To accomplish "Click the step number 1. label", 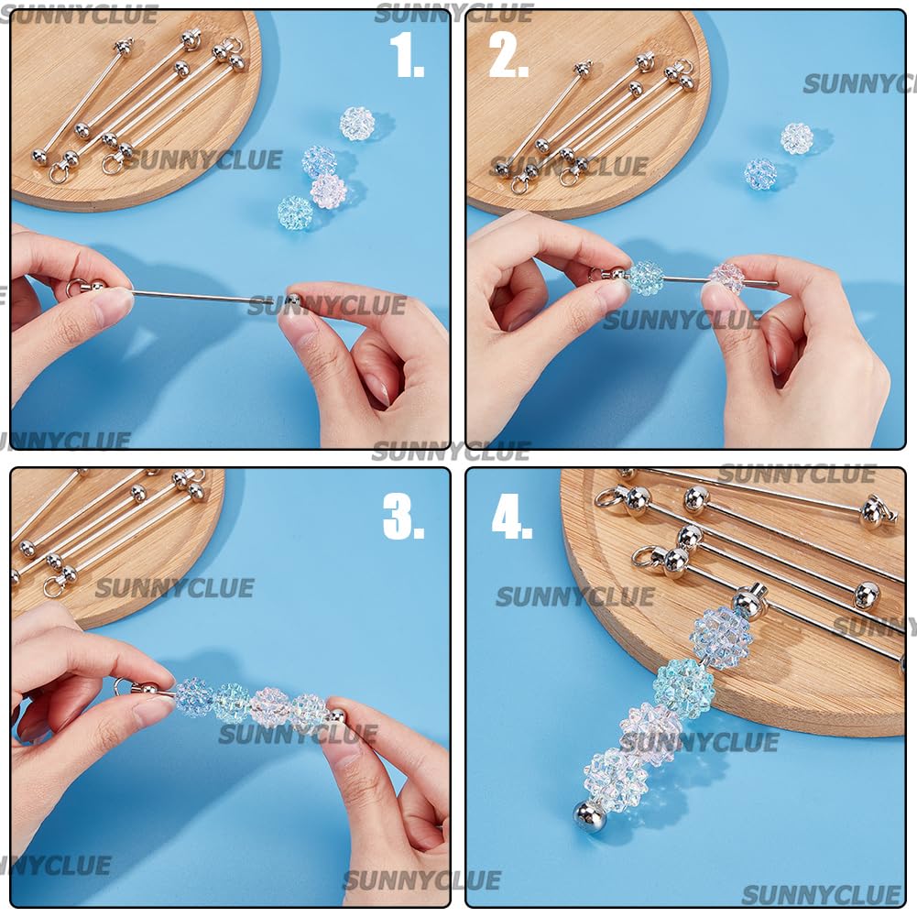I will (x=407, y=58).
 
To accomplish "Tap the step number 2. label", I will (x=509, y=58).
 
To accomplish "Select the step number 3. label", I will (x=403, y=519).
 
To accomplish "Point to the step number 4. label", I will (x=511, y=519).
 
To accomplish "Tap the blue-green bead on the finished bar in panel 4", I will (x=683, y=688).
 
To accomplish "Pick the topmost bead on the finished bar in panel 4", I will (x=721, y=638).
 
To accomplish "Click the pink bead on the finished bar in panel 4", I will (x=650, y=733).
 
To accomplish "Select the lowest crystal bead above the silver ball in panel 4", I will (x=616, y=780).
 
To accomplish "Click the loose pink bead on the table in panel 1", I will (x=328, y=191).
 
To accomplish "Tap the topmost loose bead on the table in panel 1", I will (x=357, y=124).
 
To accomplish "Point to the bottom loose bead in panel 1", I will (x=295, y=213).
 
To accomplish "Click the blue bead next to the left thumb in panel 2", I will (x=645, y=278).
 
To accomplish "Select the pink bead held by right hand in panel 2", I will (x=727, y=278).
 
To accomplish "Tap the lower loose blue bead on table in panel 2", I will (x=759, y=174).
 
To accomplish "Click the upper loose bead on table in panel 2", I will (x=797, y=138).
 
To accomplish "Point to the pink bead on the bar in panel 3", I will (x=269, y=707).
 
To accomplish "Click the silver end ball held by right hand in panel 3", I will (x=336, y=716).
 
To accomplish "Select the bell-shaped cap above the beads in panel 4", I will (x=748, y=603).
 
